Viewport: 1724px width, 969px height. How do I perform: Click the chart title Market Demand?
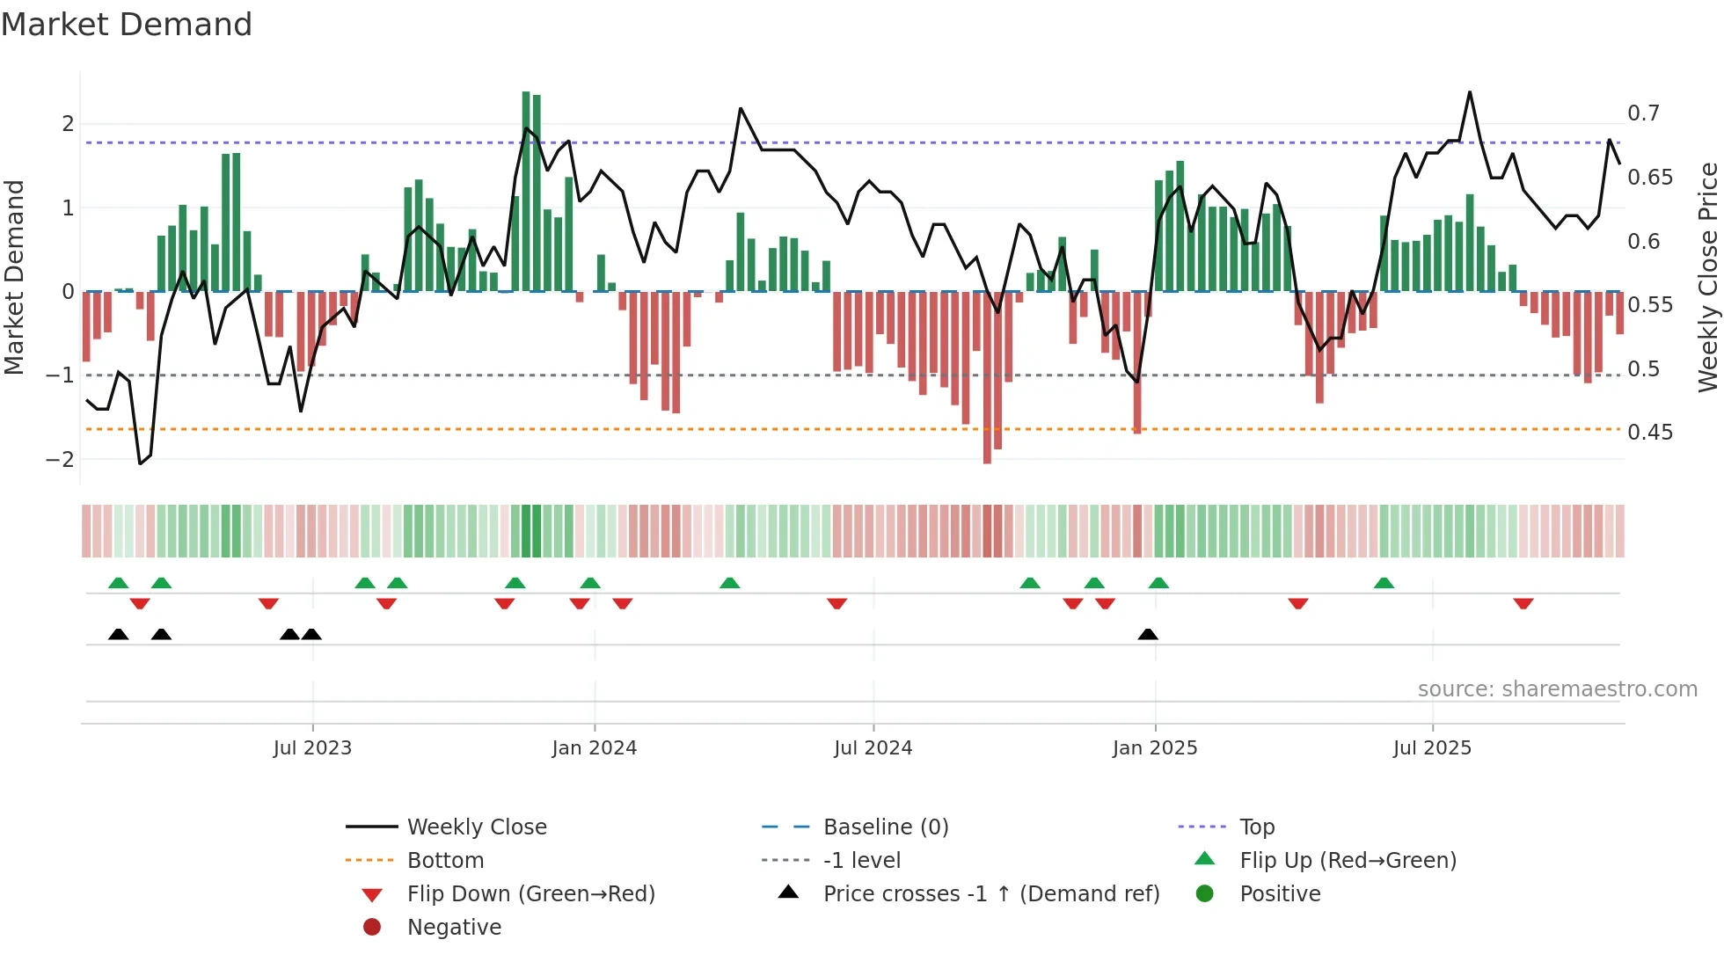tap(127, 25)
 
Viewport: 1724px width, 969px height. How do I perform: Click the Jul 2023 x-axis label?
tap(312, 748)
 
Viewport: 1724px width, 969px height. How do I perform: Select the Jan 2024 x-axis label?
tap(595, 748)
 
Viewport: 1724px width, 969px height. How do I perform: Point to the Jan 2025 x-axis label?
tap(1155, 748)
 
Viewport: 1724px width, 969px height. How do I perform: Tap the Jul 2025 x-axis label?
tap(1432, 748)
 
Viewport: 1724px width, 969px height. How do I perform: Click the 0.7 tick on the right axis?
tap(1643, 113)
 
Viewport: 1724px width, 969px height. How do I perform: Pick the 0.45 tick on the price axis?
tap(1649, 433)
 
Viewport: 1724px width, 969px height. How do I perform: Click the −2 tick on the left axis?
tap(60, 460)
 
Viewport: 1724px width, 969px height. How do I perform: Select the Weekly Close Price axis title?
tap(1708, 277)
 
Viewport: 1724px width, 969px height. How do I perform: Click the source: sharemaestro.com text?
tap(1557, 689)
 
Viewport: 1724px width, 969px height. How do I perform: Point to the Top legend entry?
tap(1256, 827)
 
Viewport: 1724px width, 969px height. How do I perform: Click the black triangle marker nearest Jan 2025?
tap(1148, 635)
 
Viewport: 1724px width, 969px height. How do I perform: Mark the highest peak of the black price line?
tap(1469, 93)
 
